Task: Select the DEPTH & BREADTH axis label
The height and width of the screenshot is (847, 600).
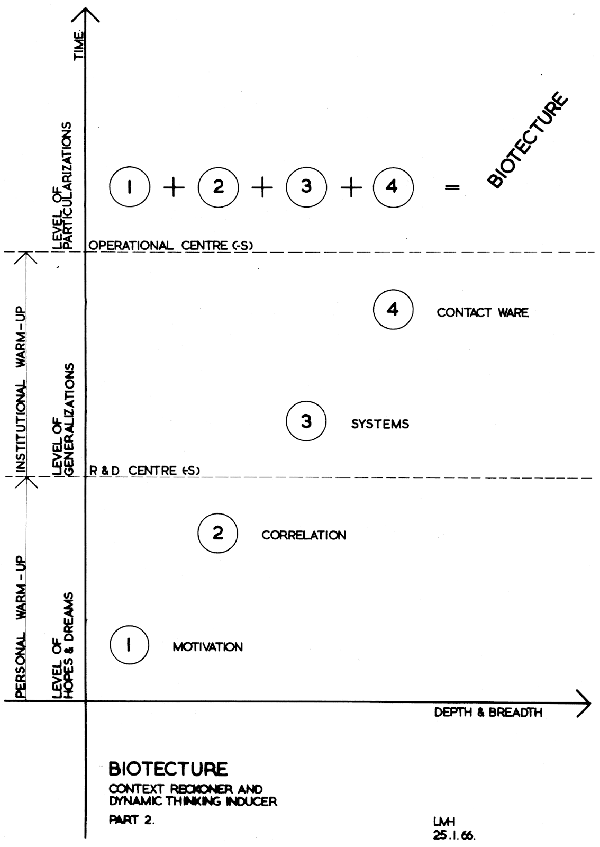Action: [x=488, y=713]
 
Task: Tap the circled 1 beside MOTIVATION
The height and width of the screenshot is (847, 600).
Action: [x=129, y=645]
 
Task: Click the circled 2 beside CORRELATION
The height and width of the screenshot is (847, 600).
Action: [x=218, y=533]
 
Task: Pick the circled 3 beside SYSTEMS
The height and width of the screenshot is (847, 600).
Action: [x=306, y=421]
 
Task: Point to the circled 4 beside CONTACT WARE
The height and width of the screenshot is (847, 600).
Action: [x=393, y=310]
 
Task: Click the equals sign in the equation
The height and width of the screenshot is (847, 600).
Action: [x=452, y=187]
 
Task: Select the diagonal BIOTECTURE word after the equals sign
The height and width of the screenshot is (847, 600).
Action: [x=526, y=140]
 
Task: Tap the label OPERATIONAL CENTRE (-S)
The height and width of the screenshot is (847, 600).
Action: [x=171, y=246]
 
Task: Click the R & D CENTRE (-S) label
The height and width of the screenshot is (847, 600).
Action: [x=143, y=470]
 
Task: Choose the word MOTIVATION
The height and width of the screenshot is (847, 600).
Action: [x=207, y=647]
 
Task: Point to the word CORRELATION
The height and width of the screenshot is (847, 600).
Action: [x=304, y=535]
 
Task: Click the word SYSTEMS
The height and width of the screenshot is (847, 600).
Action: [x=380, y=424]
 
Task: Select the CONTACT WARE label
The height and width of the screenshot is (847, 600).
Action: [x=483, y=312]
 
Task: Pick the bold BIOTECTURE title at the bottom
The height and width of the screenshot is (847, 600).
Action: [x=168, y=768]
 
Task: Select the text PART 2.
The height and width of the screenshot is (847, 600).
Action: [x=131, y=820]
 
